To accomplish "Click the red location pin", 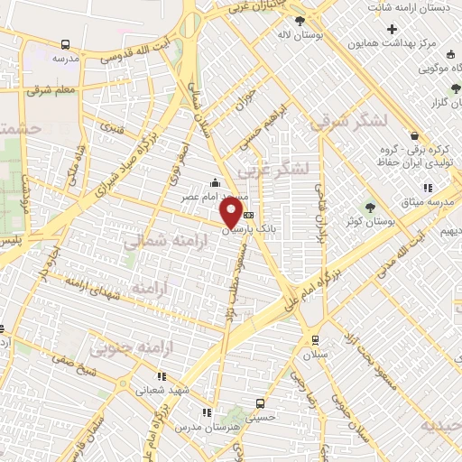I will tap(231, 213).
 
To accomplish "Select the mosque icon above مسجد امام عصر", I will tap(214, 184).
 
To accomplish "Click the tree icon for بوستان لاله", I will tap(300, 19).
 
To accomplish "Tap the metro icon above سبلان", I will tap(314, 339).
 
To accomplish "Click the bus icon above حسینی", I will tap(261, 403).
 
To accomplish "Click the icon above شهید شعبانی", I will tap(161, 376).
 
